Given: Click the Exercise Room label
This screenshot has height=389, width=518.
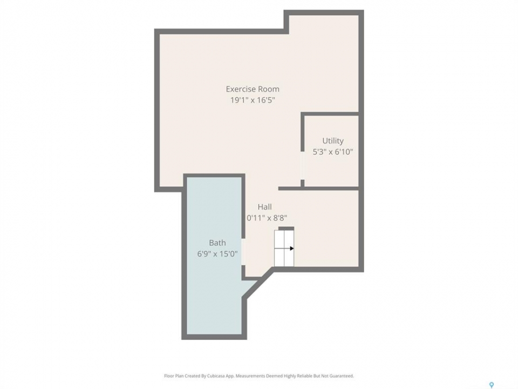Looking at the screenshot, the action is point(253,89).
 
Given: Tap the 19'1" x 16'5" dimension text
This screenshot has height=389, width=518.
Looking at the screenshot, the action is point(253,100).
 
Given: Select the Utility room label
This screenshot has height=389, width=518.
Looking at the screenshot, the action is point(333,141).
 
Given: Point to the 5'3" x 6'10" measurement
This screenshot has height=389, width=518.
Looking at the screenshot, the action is point(333,152).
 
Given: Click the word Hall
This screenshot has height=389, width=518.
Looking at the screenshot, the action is point(264,207).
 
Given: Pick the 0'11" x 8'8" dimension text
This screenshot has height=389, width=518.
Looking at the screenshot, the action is point(267,218).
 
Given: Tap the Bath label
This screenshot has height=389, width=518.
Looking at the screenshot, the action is point(217,243).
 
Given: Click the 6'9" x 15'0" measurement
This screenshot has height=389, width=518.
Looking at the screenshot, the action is point(217,254).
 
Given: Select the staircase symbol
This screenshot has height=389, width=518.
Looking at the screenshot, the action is point(284,248).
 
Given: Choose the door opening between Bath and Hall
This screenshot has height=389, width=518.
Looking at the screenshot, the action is point(243,252).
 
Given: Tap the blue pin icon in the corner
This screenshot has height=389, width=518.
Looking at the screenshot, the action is point(491,385).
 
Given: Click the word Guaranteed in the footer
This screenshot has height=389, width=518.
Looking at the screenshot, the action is point(343,376).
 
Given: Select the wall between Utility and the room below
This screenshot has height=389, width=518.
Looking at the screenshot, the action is point(319,189).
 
